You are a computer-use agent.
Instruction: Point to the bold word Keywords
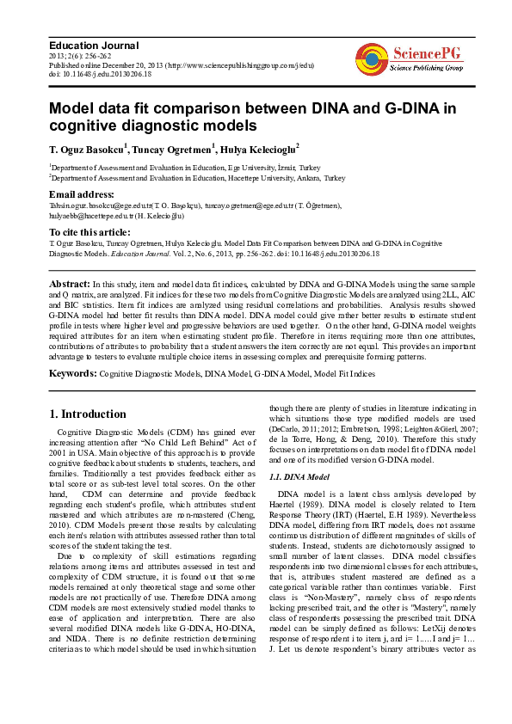pos(73,374)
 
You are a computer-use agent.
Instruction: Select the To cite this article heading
pos(89,232)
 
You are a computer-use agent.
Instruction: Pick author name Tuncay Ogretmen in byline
pos(173,149)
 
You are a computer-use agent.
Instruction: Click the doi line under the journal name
pos(100,75)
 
